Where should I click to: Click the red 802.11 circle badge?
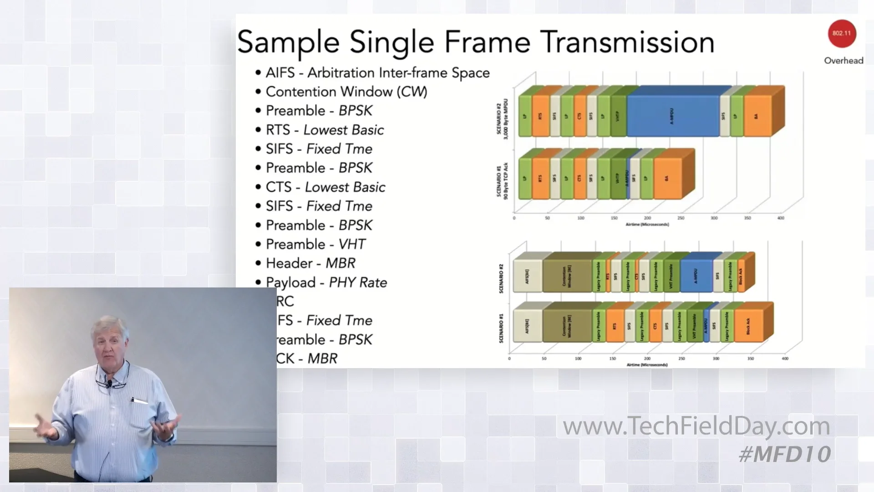pos(842,34)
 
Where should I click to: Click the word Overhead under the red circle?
pos(844,61)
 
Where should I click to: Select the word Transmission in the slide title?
pos(628,42)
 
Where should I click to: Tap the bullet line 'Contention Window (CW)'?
pos(346,92)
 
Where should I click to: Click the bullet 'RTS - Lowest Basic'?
pos(325,130)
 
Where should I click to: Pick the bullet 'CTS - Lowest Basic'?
pos(325,187)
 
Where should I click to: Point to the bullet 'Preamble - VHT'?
pos(315,244)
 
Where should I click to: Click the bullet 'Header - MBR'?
pos(310,263)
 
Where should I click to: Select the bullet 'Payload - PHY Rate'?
pos(326,282)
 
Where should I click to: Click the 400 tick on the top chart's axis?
pos(781,218)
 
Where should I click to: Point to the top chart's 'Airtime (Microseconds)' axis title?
pos(647,225)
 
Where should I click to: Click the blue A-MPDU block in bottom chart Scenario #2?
pos(696,276)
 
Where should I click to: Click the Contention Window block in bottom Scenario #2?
pos(567,276)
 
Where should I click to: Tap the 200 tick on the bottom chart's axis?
pos(647,359)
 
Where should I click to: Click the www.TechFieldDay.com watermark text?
pos(696,426)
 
